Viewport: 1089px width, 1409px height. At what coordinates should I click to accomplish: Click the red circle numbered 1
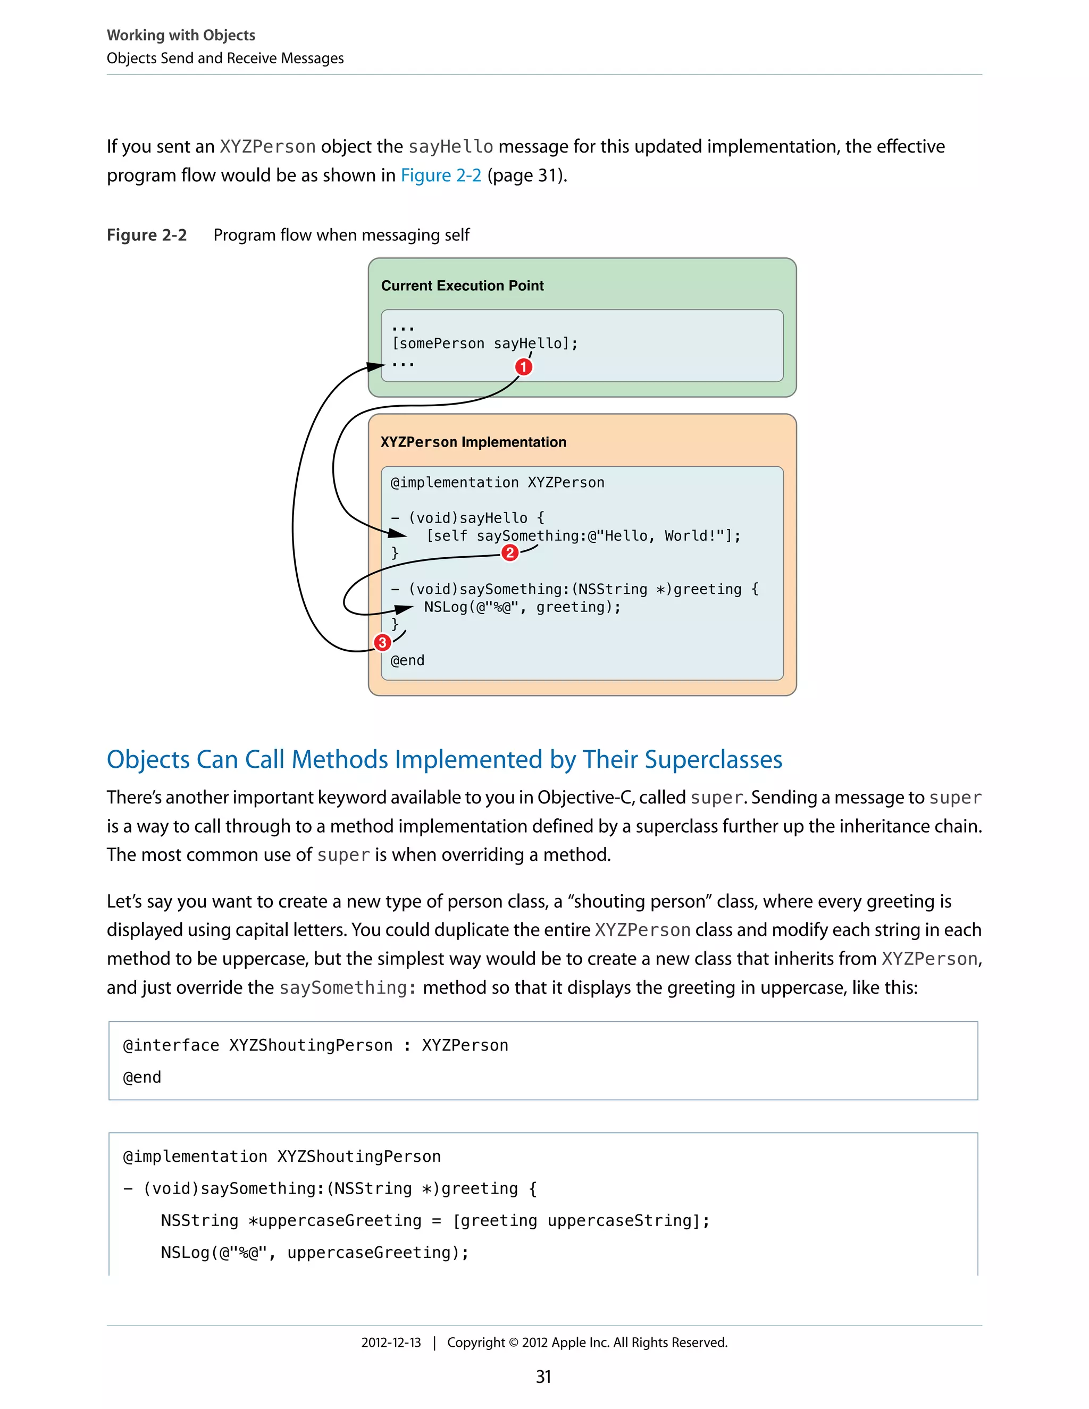tap(524, 367)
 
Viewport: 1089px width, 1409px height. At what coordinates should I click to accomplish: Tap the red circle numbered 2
tap(509, 553)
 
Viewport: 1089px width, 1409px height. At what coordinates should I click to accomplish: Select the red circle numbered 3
tap(382, 643)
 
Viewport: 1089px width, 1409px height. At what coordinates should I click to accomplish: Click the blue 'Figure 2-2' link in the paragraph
tap(441, 175)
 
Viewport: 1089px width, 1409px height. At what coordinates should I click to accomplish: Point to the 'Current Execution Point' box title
tap(462, 286)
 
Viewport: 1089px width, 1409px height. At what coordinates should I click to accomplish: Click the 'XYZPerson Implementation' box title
tap(473, 442)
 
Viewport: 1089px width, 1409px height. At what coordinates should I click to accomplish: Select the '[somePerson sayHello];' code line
tap(484, 344)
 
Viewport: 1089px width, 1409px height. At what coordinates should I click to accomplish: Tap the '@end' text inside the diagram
tap(407, 660)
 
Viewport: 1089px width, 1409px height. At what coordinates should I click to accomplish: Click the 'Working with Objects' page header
tap(181, 35)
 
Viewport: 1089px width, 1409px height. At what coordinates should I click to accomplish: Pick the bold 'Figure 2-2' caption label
tap(146, 235)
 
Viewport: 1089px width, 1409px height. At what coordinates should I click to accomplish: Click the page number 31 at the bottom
tap(543, 1377)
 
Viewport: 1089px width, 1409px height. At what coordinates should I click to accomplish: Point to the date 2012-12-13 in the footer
tap(391, 1342)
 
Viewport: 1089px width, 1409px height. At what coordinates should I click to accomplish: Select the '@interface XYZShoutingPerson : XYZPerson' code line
tap(315, 1045)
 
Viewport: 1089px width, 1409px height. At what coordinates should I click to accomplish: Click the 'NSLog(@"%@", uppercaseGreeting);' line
tap(315, 1252)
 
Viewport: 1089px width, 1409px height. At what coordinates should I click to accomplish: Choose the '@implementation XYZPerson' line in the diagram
tap(497, 483)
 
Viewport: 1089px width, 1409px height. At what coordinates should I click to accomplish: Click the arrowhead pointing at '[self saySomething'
tap(397, 533)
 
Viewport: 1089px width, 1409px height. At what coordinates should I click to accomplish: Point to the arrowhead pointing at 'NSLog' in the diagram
tap(405, 608)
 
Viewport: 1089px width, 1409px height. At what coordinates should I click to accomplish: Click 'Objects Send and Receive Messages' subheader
tap(225, 58)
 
